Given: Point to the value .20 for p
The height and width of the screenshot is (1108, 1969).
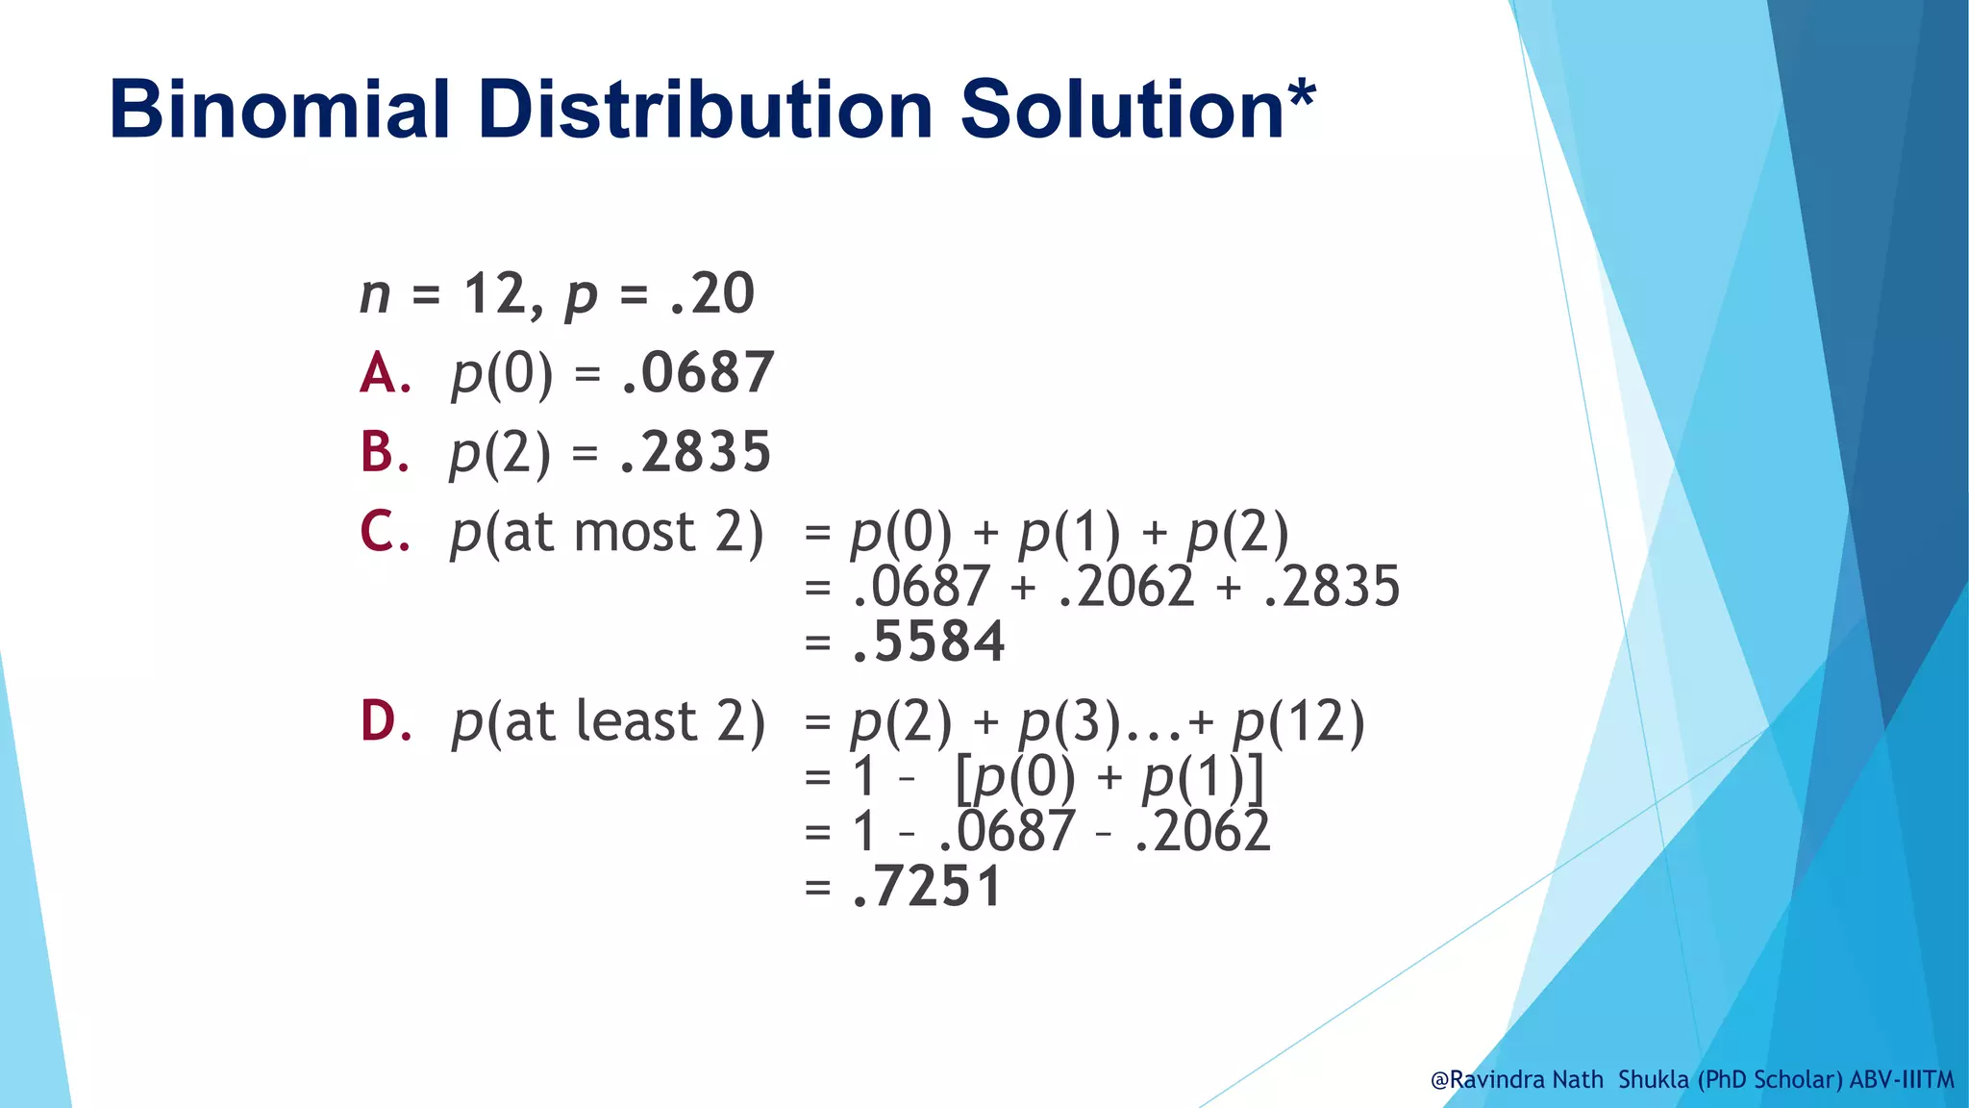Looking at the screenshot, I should point(712,293).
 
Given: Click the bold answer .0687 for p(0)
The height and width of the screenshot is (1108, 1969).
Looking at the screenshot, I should point(697,373).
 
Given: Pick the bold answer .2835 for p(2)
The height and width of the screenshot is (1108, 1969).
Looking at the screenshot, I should point(695,452).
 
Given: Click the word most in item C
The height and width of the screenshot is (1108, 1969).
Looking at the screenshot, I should point(634,532).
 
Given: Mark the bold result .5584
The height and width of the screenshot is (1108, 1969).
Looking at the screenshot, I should point(929,642).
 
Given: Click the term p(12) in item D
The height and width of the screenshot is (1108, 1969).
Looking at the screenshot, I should point(1299,722).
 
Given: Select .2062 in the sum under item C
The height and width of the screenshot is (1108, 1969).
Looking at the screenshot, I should point(1126,587).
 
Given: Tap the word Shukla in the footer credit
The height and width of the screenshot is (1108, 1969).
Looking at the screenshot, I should point(1653,1079).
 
